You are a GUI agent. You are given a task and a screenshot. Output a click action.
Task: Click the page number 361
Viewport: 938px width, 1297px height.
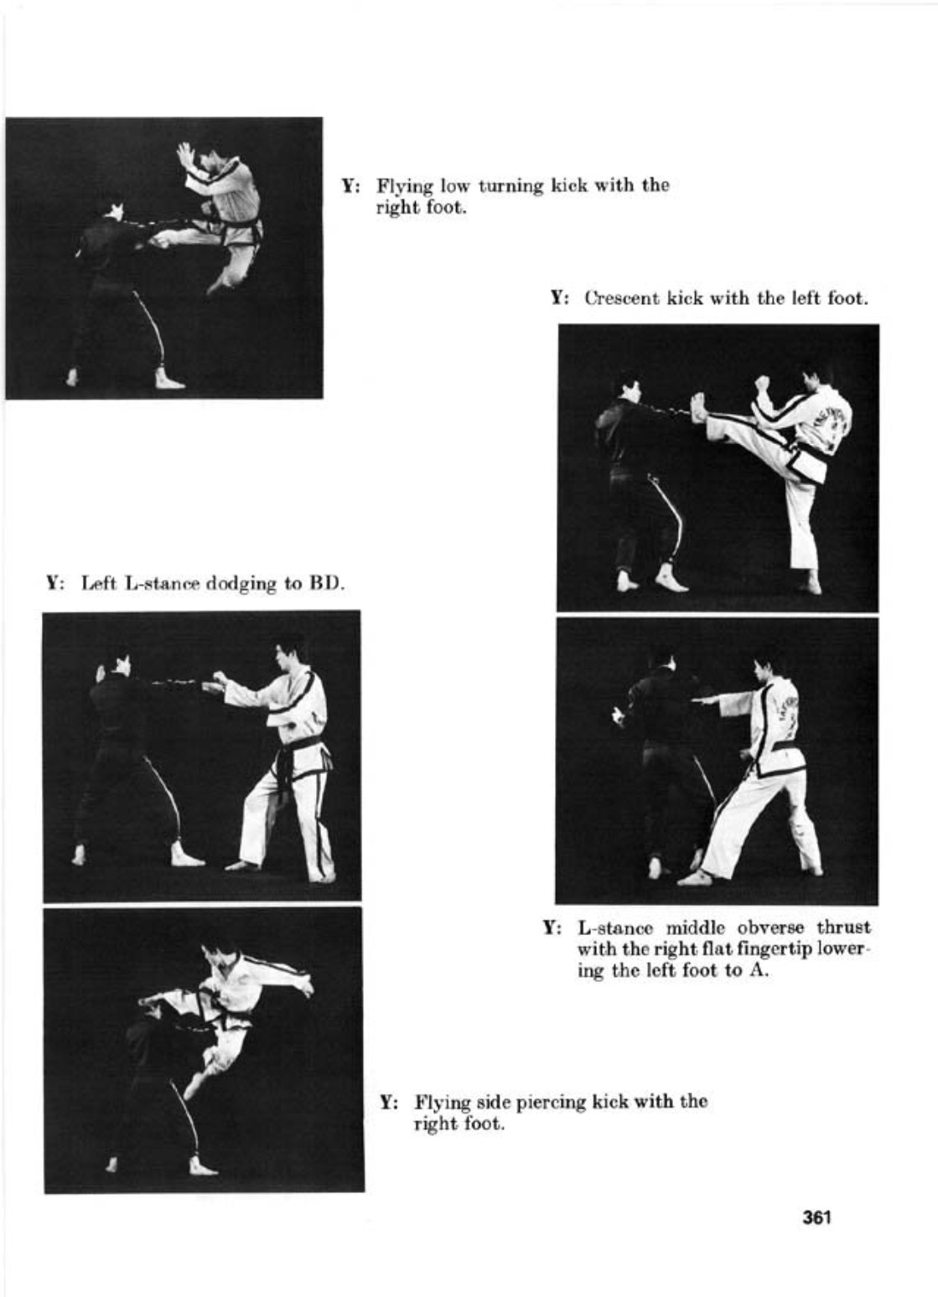coord(816,1217)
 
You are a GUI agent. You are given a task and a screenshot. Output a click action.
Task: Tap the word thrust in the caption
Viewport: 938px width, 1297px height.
coord(844,928)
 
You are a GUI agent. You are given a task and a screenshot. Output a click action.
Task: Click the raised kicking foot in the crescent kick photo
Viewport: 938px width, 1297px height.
coord(698,408)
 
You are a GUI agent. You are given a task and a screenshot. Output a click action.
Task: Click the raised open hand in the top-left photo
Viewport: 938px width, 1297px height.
coord(185,156)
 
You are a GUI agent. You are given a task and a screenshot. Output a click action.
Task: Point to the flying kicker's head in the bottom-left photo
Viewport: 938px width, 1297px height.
coord(221,954)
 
